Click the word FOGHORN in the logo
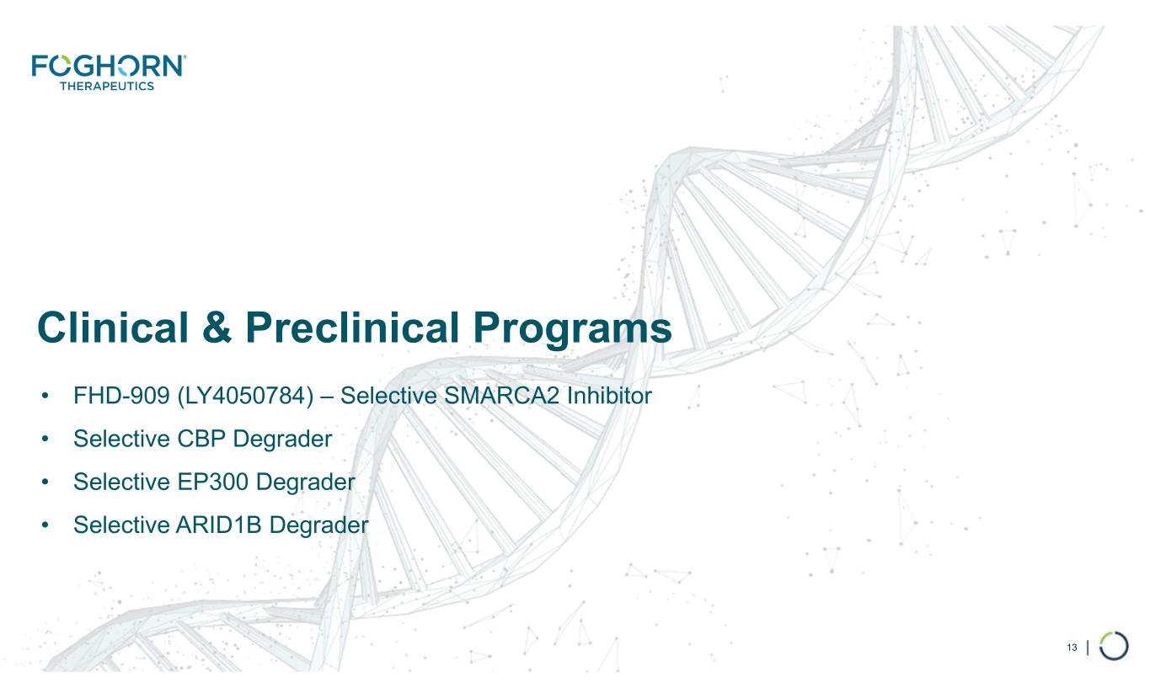coord(108,67)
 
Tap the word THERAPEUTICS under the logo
coord(107,86)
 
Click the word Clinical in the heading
coord(113,328)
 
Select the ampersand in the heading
coord(217,328)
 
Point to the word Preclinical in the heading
coord(352,328)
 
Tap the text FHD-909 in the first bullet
coord(121,396)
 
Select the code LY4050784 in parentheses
coord(245,396)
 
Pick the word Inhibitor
coord(609,396)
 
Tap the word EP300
coord(212,482)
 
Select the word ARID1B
coord(219,525)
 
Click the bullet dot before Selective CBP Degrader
coord(45,440)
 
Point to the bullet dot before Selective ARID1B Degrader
coord(45,525)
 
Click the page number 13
coord(1072,647)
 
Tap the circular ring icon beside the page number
coord(1114,632)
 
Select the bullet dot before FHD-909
coord(45,397)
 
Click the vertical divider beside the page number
coord(1088,647)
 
